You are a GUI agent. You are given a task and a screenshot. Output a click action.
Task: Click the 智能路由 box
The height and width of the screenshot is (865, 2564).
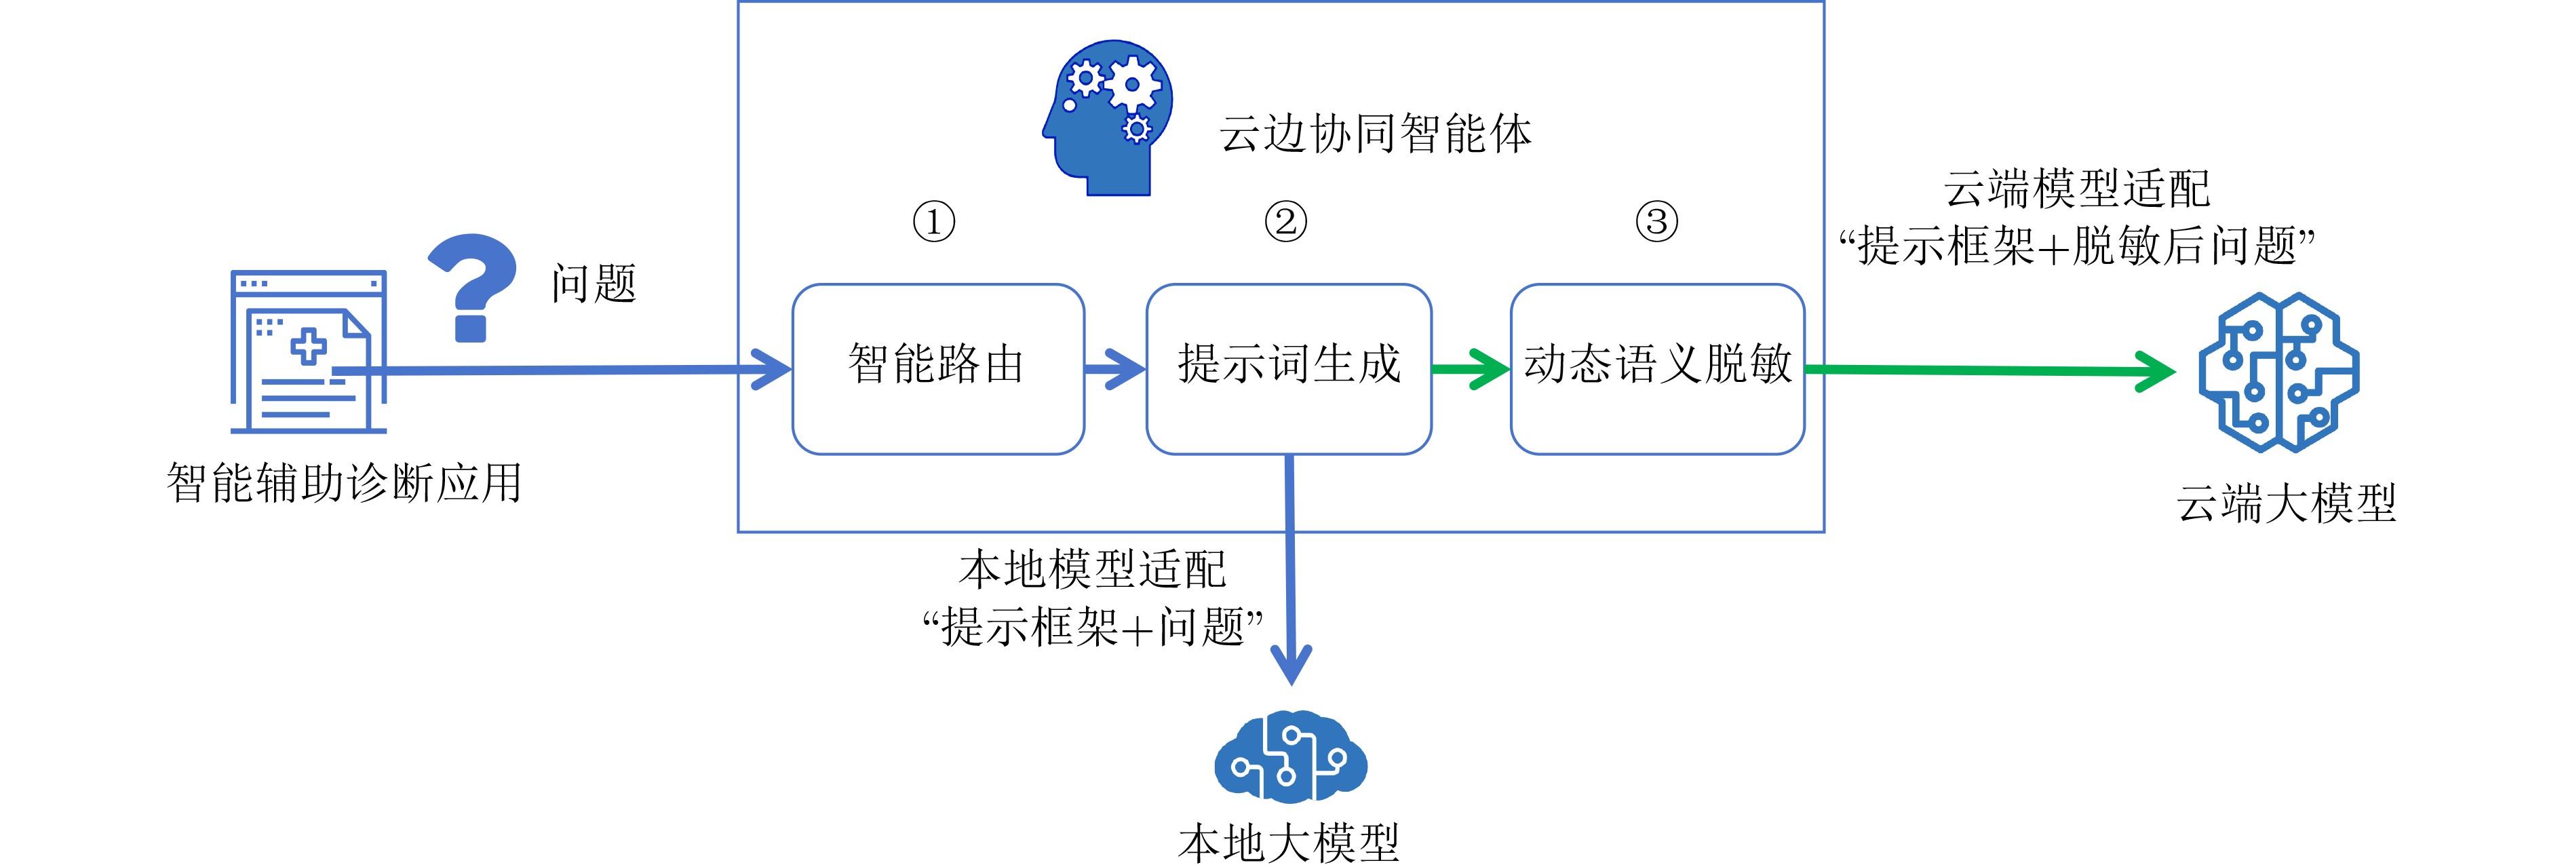pos(937,368)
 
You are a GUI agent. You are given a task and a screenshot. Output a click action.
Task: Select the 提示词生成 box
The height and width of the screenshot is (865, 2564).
pos(1288,368)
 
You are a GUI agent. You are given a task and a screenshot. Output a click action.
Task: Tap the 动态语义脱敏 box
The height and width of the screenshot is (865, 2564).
pos(1656,368)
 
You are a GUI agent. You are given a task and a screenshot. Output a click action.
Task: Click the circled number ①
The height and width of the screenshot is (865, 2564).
pos(933,221)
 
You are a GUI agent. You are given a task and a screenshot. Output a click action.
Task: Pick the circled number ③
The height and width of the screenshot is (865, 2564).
pos(1656,221)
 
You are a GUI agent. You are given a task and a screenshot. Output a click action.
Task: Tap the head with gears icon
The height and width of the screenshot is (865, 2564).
pos(1108,117)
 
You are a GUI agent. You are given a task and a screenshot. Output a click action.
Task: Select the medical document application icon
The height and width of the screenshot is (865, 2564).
pos(309,351)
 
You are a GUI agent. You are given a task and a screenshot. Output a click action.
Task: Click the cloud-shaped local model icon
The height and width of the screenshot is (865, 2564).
pos(1290,756)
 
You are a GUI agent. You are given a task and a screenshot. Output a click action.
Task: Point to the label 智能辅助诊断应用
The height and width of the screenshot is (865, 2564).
pos(345,484)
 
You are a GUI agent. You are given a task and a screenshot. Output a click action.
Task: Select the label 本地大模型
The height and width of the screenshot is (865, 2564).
pos(1288,842)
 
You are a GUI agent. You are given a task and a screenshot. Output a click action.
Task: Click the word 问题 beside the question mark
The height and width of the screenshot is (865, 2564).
pos(594,284)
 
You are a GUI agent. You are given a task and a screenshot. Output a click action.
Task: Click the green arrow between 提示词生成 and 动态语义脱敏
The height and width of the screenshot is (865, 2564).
pos(1471,368)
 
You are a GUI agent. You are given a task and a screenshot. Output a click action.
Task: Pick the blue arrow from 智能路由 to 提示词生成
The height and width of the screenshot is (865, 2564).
pos(1114,368)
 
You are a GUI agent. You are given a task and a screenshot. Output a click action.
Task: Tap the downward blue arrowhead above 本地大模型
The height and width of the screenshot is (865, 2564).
pos(1291,662)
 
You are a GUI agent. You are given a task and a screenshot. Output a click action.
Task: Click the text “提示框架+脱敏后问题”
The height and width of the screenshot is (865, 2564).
pos(2076,246)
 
